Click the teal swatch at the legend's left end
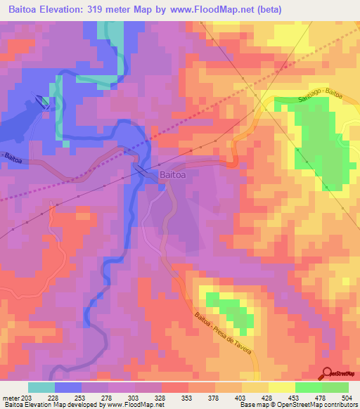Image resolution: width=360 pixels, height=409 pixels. [41, 387]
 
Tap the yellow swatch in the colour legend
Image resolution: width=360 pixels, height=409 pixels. [281, 387]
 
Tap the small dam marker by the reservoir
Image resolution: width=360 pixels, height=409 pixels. [44, 102]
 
